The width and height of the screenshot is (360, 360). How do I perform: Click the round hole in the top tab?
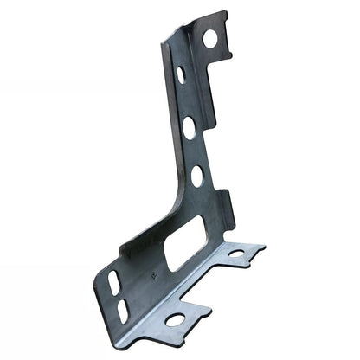pos(210,38)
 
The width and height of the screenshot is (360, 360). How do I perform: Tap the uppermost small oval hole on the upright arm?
pos(180,75)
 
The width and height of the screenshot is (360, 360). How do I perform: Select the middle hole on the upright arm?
pos(189,127)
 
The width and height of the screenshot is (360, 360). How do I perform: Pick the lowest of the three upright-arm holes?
pos(197,176)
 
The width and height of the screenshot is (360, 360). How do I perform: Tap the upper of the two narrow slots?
pos(116,281)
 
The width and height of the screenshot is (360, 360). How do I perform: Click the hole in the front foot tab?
pos(176,320)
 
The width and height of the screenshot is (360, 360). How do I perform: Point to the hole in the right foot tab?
pos(235,254)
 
